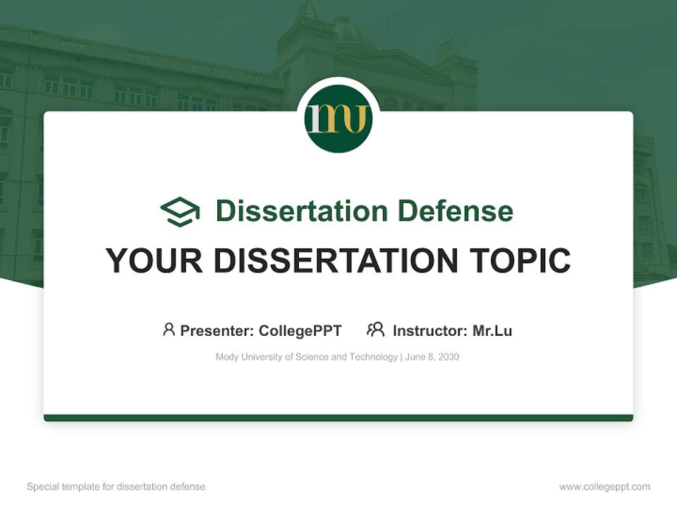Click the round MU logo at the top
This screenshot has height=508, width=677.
tap(338, 119)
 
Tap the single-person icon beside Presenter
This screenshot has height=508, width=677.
tap(169, 329)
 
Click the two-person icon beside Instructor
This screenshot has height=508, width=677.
tap(376, 329)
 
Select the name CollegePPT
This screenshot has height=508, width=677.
tap(300, 331)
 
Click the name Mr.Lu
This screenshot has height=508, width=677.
tap(492, 331)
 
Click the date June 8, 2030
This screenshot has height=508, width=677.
tap(432, 357)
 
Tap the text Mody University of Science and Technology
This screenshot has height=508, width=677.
tap(306, 357)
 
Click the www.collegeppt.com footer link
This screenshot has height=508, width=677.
tap(604, 487)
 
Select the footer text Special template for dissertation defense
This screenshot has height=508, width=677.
tap(116, 487)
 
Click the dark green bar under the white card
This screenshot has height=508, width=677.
tap(338, 418)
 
